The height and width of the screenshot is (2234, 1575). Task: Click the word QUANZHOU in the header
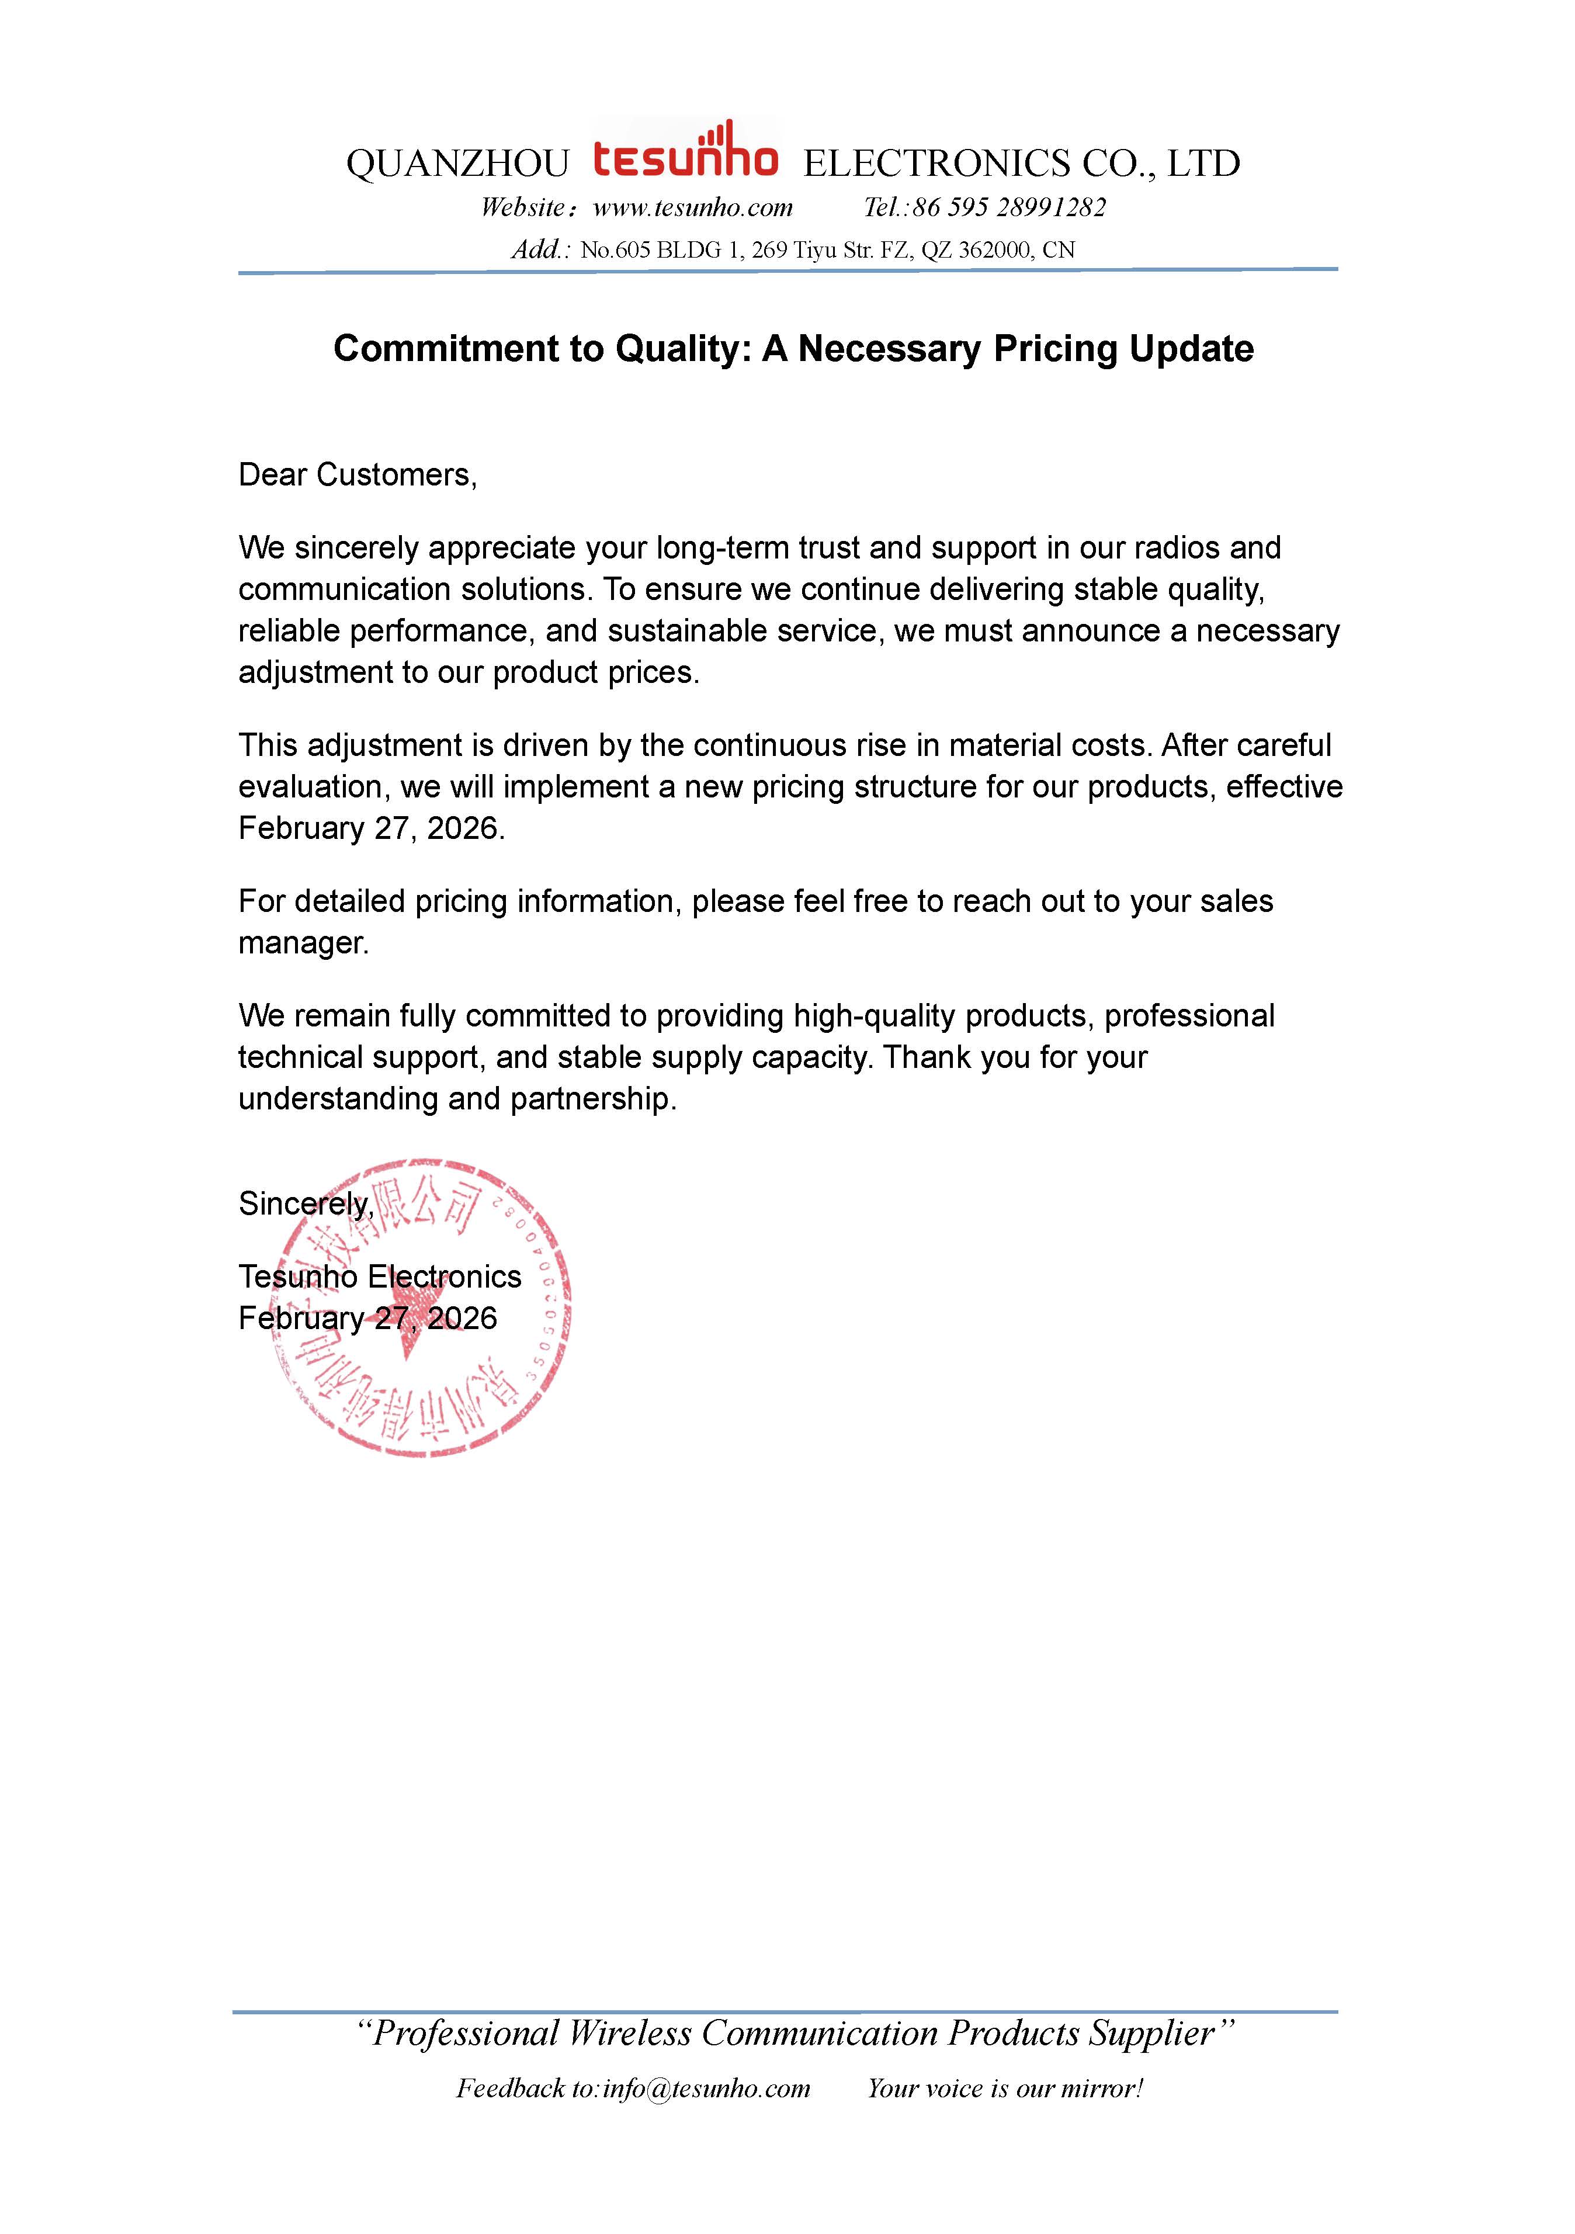457,164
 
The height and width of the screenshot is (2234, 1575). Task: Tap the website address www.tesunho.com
693,207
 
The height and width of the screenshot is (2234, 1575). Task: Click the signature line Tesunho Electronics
379,1276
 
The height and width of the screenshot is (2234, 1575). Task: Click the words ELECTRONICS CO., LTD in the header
1021,164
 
